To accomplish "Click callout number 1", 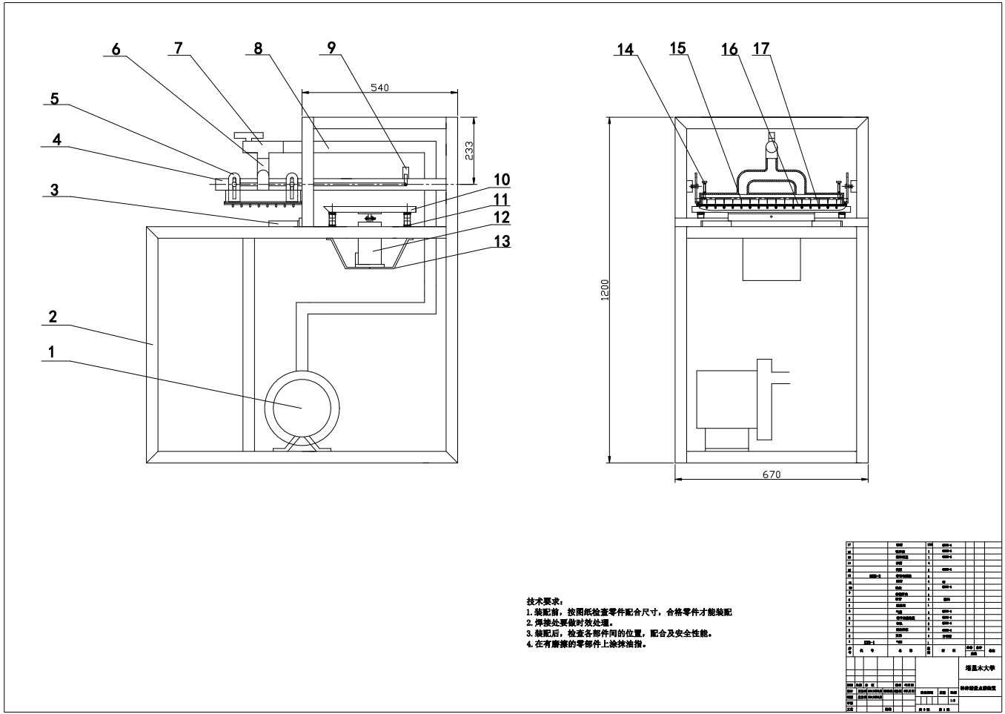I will pyautogui.click(x=51, y=352).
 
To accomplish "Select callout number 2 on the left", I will pyautogui.click(x=53, y=317).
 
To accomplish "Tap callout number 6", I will pyautogui.click(x=116, y=49).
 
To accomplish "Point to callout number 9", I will pyautogui.click(x=331, y=48).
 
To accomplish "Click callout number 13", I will pyautogui.click(x=502, y=240).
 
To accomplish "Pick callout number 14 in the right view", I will pyautogui.click(x=626, y=50).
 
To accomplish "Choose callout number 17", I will pyautogui.click(x=761, y=49).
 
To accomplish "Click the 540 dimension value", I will pyautogui.click(x=379, y=87).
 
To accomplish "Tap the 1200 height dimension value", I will pyautogui.click(x=605, y=289).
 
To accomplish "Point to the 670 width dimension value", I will pyautogui.click(x=772, y=475).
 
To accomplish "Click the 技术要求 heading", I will pyautogui.click(x=545, y=601).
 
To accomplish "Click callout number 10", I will pyautogui.click(x=502, y=179).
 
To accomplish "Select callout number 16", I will pyautogui.click(x=729, y=49).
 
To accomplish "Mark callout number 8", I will pyautogui.click(x=257, y=48).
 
